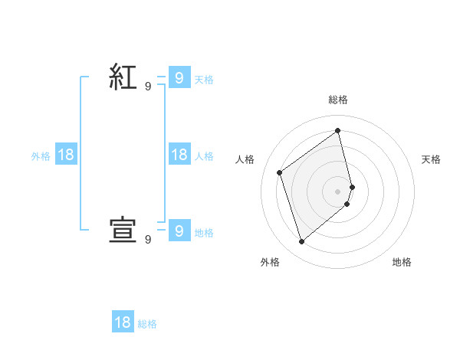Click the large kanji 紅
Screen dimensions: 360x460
[123, 78]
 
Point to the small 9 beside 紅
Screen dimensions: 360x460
[148, 87]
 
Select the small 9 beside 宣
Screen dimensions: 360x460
[148, 240]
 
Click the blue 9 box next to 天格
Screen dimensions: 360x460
[179, 77]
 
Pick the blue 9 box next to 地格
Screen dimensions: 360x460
[179, 231]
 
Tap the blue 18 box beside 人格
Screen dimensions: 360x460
[179, 155]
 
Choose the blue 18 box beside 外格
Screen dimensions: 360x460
[66, 155]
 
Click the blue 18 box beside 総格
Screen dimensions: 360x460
[123, 322]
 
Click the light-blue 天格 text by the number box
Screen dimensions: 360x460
[204, 79]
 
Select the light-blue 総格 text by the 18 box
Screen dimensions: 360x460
[147, 325]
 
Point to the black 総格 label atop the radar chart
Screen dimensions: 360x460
[337, 100]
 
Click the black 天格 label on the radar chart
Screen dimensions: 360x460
[432, 159]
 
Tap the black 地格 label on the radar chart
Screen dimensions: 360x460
[402, 262]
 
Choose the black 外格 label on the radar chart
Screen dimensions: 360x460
[270, 262]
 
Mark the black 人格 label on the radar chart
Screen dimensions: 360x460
[245, 159]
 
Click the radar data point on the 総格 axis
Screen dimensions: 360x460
[337, 130]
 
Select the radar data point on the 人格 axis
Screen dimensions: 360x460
[280, 172]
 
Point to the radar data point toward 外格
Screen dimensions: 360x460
[301, 242]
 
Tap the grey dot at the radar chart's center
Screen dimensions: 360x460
[337, 191]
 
